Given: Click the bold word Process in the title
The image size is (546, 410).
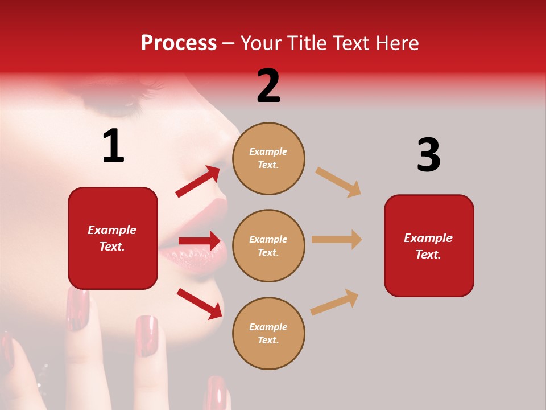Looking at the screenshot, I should click(179, 43).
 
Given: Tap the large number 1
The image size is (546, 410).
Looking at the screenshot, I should click(113, 146).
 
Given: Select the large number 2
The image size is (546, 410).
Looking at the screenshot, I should click(268, 86).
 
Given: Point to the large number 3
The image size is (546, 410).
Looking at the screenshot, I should click(428, 155).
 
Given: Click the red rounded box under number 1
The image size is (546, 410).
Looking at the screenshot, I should click(113, 238).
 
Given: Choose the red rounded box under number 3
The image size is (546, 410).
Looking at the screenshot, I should click(429, 246).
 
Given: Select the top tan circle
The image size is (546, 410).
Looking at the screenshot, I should click(268, 158).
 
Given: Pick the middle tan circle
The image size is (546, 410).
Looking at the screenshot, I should click(268, 246).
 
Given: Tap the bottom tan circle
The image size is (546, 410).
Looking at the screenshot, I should click(268, 334).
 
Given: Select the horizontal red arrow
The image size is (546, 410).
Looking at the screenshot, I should click(199, 241).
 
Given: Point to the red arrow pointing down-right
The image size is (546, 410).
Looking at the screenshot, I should click(199, 303).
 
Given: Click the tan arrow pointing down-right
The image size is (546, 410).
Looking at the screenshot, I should click(338, 182).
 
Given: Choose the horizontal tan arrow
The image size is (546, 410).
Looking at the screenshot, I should click(337, 239).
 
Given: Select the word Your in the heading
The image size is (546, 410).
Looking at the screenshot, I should click(262, 43).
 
